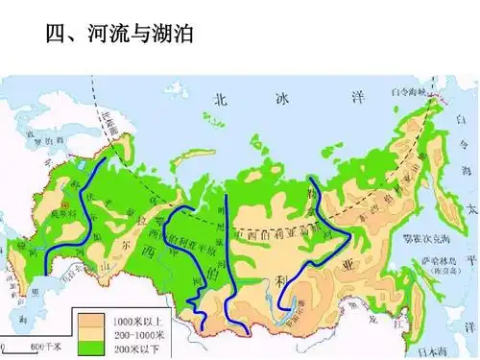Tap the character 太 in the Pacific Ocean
(469, 208)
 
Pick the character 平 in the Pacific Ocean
(469, 259)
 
